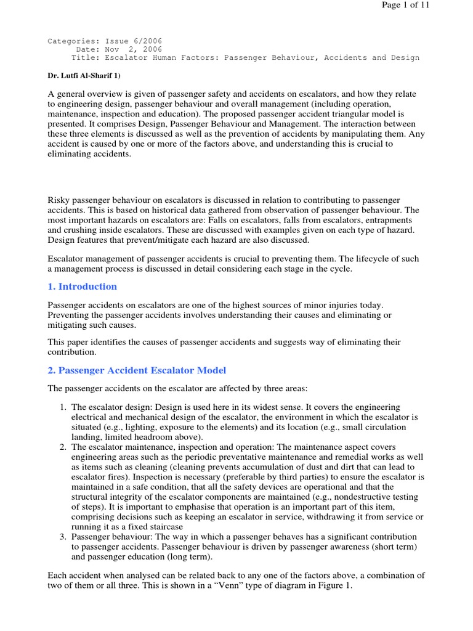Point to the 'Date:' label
click(86, 49)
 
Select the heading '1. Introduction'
click(82, 287)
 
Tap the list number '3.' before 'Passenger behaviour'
click(63, 537)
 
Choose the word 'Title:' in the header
click(84, 58)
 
